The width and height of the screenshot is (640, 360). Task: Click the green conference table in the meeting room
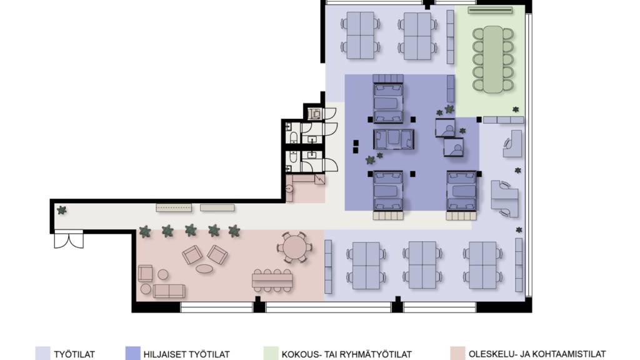click(x=493, y=59)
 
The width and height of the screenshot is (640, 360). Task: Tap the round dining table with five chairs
click(x=294, y=247)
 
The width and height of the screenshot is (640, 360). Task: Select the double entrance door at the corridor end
click(x=69, y=239)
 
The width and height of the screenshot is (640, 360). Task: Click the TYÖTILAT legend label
click(x=74, y=354)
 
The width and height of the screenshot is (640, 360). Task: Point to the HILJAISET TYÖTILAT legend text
click(x=186, y=354)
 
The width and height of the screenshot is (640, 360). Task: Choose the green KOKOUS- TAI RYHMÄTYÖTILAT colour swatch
click(x=271, y=354)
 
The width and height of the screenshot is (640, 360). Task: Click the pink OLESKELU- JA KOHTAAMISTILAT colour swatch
click(x=457, y=354)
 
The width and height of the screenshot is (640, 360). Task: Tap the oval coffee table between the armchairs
click(x=204, y=269)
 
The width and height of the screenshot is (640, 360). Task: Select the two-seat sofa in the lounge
click(x=169, y=291)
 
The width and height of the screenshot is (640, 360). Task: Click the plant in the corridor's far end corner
click(x=62, y=210)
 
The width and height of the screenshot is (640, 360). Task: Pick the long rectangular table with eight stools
click(x=272, y=281)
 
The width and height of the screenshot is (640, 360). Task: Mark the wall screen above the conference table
click(x=490, y=11)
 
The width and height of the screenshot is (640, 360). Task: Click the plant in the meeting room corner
click(x=516, y=109)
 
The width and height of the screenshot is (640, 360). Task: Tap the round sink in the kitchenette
click(x=289, y=189)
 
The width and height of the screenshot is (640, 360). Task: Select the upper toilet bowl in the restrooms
click(x=293, y=137)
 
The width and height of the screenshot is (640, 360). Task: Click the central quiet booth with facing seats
click(x=394, y=139)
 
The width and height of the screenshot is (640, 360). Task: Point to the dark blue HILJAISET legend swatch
click(x=132, y=354)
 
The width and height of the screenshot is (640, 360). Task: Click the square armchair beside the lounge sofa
click(x=145, y=273)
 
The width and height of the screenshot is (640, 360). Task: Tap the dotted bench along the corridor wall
click(x=174, y=207)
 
